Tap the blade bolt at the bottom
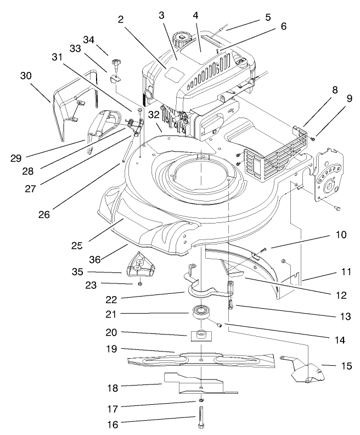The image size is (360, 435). point(201,421)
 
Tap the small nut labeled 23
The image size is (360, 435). point(140,283)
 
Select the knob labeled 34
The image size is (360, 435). point(116,64)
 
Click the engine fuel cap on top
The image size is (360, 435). point(181,38)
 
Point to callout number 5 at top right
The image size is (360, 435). point(267,17)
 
